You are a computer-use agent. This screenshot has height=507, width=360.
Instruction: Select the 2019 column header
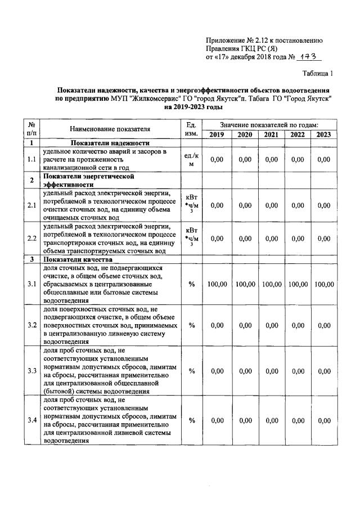click(217, 134)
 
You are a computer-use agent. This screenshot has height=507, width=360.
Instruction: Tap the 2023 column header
click(323, 134)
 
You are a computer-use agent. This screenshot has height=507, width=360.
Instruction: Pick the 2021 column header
click(271, 134)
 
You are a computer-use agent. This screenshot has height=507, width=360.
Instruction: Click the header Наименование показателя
click(110, 129)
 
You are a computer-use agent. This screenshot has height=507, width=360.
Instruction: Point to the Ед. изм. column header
click(191, 129)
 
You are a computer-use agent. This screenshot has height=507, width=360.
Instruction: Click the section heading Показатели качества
click(80, 259)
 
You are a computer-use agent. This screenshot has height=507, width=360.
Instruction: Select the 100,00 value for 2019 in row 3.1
click(217, 285)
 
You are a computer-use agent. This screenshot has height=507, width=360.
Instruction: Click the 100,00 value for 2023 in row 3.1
click(323, 285)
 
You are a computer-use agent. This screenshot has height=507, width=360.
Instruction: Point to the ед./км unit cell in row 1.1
click(191, 160)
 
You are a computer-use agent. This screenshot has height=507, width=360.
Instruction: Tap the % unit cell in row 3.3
click(191, 371)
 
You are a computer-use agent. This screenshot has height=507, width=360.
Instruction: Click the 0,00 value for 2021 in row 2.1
click(271, 205)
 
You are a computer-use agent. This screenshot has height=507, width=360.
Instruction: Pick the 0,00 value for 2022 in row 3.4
click(298, 421)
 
